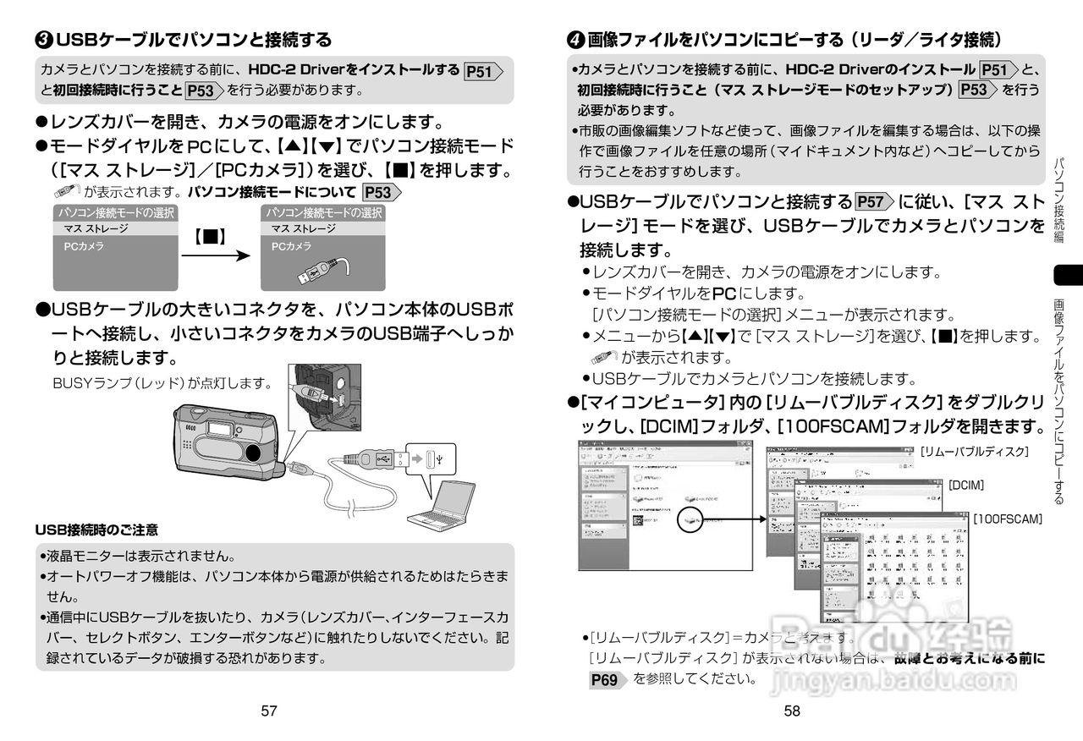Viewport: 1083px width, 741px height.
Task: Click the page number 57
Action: [269, 711]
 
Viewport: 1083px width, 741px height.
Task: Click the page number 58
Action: [792, 711]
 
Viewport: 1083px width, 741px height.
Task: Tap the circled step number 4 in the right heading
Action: [574, 40]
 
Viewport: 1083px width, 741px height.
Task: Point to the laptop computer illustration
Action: [447, 507]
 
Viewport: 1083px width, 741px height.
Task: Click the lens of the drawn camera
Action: [253, 452]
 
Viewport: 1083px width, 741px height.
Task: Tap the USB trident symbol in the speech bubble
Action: [443, 459]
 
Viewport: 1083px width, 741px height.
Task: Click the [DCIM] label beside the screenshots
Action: [965, 485]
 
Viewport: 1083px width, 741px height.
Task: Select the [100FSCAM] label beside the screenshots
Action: [1007, 518]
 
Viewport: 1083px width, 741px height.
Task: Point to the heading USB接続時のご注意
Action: [96, 530]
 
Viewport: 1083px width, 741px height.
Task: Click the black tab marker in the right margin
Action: [1068, 275]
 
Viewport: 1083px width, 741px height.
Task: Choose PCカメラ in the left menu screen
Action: [84, 245]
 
